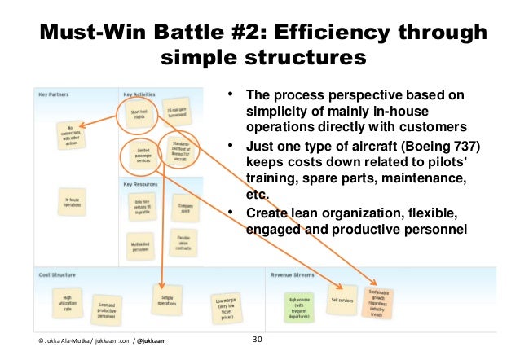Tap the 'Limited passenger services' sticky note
(x=142, y=156)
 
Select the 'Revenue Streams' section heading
(x=296, y=274)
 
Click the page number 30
(x=258, y=340)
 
